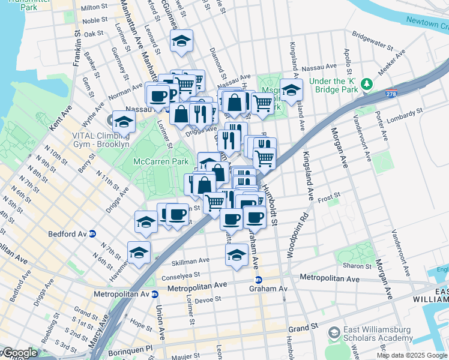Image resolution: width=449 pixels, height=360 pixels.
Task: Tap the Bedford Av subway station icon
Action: (92, 233)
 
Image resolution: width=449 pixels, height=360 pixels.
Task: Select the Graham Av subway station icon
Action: (259, 280)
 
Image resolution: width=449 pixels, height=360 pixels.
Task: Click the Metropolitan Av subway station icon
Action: (154, 294)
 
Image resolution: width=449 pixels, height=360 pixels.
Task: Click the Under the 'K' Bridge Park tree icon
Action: (364, 90)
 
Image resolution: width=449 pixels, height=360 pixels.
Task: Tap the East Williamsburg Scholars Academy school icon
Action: (333, 332)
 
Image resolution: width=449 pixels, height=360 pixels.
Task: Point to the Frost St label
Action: (329, 196)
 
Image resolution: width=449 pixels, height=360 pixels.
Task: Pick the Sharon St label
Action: (368, 265)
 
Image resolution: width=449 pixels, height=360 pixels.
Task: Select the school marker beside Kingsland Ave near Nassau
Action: (291, 91)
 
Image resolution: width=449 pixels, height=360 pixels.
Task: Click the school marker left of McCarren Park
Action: (124, 121)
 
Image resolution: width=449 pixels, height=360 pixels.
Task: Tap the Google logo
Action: (19, 353)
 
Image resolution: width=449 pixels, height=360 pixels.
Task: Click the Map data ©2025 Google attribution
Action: (412, 355)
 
